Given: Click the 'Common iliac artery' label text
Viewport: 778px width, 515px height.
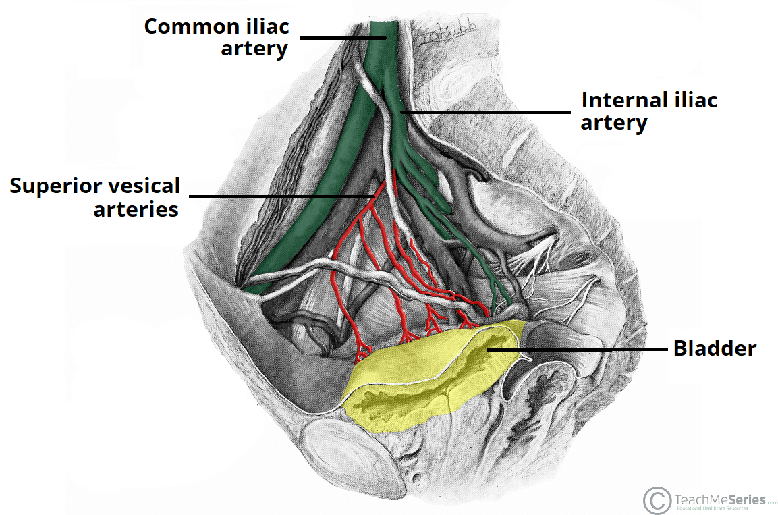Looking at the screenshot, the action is point(217,37).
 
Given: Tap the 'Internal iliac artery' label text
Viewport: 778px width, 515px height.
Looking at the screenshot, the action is point(649,111).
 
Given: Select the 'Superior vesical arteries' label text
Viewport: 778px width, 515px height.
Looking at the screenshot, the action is point(95,196).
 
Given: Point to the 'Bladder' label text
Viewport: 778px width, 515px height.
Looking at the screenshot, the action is point(715,348).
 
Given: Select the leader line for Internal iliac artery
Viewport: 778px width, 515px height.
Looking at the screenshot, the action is point(486,112).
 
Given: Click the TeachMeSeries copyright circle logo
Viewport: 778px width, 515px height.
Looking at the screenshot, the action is point(656,500).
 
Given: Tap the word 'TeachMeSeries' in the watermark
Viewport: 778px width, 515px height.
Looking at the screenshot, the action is point(720,500).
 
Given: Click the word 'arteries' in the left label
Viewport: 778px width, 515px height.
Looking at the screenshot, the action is point(136,209).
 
